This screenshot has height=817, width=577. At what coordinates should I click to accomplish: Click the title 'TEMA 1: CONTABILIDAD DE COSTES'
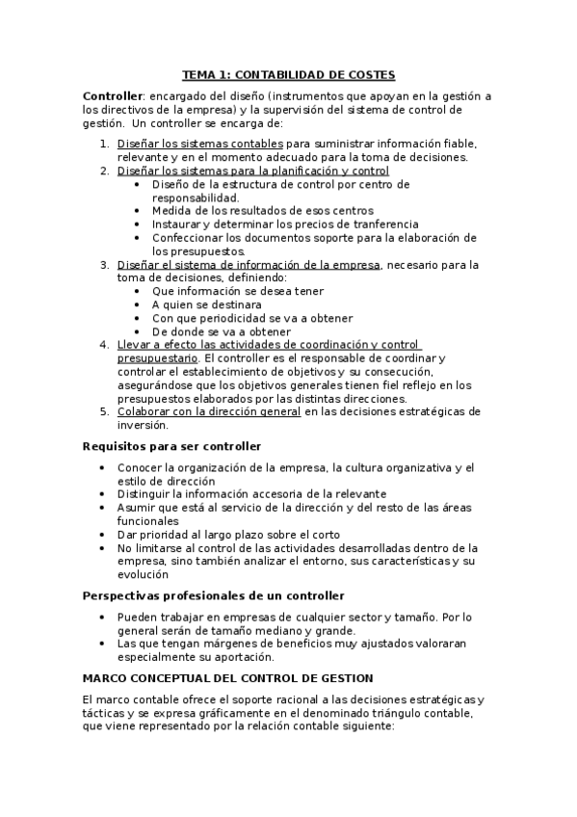289,74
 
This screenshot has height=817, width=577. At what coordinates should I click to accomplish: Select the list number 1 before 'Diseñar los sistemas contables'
105,144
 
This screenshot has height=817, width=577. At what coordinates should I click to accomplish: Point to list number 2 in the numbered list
105,171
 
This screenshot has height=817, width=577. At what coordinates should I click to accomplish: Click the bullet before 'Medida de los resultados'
141,210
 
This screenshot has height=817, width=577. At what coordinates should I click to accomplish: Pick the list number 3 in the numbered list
105,264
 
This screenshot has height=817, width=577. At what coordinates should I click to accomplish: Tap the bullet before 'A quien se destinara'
141,304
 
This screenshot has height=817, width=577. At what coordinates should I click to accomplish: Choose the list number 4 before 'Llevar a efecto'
105,345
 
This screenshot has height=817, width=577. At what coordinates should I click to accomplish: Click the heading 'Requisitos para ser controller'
172,446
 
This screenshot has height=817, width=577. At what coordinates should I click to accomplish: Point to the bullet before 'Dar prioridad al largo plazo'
105,534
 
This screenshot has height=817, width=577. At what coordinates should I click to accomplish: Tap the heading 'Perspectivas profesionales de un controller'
214,595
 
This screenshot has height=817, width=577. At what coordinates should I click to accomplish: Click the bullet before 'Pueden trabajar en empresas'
105,617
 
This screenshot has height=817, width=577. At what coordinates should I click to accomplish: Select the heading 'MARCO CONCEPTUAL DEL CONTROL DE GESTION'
228,678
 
